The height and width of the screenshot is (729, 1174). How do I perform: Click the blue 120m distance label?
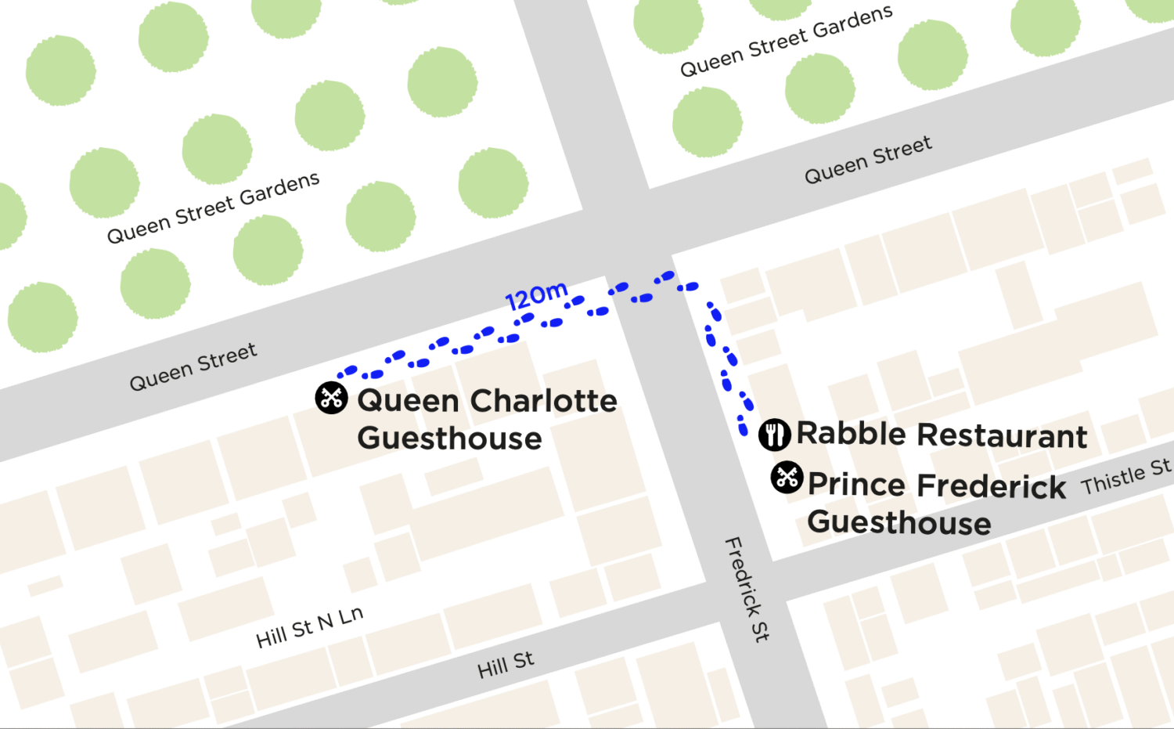coord(536,296)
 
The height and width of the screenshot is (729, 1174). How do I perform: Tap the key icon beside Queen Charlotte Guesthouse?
coord(331,398)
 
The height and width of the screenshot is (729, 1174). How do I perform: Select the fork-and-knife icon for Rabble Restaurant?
coord(774,434)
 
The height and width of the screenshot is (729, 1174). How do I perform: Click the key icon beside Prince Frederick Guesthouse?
coord(787,477)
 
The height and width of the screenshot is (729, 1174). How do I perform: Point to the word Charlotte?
coord(542,401)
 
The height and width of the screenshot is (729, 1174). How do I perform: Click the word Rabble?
coord(852,434)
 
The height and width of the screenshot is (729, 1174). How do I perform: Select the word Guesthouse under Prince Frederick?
coord(899,522)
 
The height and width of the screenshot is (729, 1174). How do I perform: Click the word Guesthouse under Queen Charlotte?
coord(449,438)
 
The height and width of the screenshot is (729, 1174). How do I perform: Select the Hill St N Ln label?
coord(309,627)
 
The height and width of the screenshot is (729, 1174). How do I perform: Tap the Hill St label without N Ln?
coord(506,665)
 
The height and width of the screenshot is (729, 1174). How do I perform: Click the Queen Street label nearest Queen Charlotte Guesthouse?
coord(193,366)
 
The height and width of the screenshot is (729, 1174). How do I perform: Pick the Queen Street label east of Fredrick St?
coord(868,160)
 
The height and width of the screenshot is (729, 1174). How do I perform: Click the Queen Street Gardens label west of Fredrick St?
coord(213,208)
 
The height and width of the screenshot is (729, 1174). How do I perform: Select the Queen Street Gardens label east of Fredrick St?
coord(786,41)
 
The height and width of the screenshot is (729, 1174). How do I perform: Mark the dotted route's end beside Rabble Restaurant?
coord(743,429)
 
